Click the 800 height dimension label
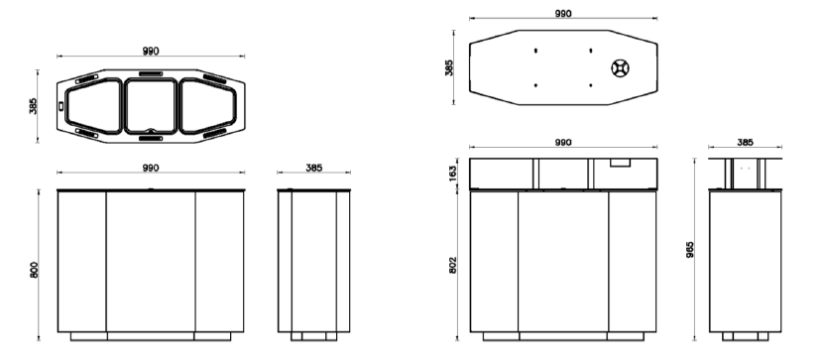[34, 270]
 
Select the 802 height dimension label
[453, 265]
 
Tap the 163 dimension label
[453, 173]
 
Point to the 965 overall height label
[690, 249]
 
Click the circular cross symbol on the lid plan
[621, 68]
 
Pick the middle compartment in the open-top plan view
[151, 106]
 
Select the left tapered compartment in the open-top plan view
[94, 106]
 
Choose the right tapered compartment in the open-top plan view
[208, 106]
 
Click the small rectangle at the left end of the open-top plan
[60, 106]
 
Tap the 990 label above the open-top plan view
[151, 51]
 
